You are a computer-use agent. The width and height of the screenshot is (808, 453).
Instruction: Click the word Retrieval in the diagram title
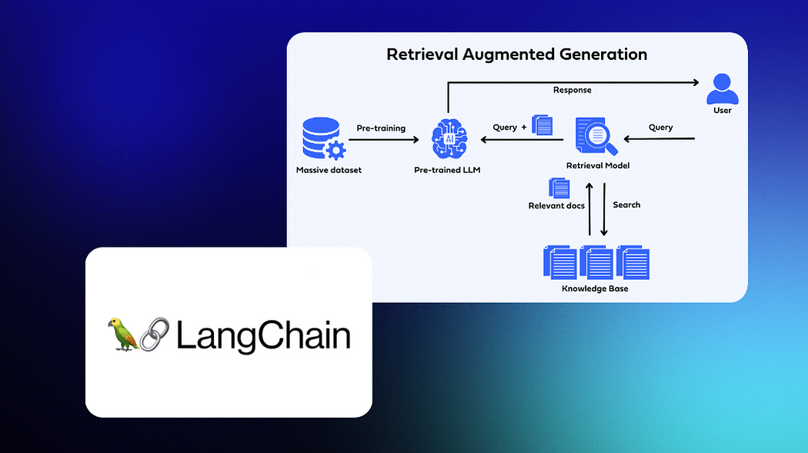tap(419, 55)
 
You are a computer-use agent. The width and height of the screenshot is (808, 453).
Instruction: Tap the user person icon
tap(722, 88)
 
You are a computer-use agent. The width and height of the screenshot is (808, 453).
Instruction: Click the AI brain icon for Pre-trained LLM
tap(446, 139)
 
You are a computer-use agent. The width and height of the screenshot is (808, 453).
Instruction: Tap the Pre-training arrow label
tap(380, 128)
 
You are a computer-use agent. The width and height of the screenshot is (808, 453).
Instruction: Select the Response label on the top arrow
tap(572, 90)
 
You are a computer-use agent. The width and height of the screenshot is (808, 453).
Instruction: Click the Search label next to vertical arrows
tap(626, 205)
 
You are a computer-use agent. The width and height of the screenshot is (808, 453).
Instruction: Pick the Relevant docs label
tap(556, 205)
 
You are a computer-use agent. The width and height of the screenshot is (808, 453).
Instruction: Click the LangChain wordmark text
tap(263, 336)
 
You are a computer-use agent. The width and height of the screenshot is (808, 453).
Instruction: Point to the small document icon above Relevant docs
tap(559, 188)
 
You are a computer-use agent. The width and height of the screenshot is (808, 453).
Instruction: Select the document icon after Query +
tap(543, 125)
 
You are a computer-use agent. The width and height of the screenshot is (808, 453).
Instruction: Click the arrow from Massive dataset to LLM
tap(385, 140)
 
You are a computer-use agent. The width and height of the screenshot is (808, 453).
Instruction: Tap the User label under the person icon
tap(722, 111)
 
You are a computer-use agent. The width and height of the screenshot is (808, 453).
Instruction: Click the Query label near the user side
tap(660, 127)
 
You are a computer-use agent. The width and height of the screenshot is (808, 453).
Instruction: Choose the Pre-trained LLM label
tap(446, 169)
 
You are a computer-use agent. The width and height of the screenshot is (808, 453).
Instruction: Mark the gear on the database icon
tap(336, 149)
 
